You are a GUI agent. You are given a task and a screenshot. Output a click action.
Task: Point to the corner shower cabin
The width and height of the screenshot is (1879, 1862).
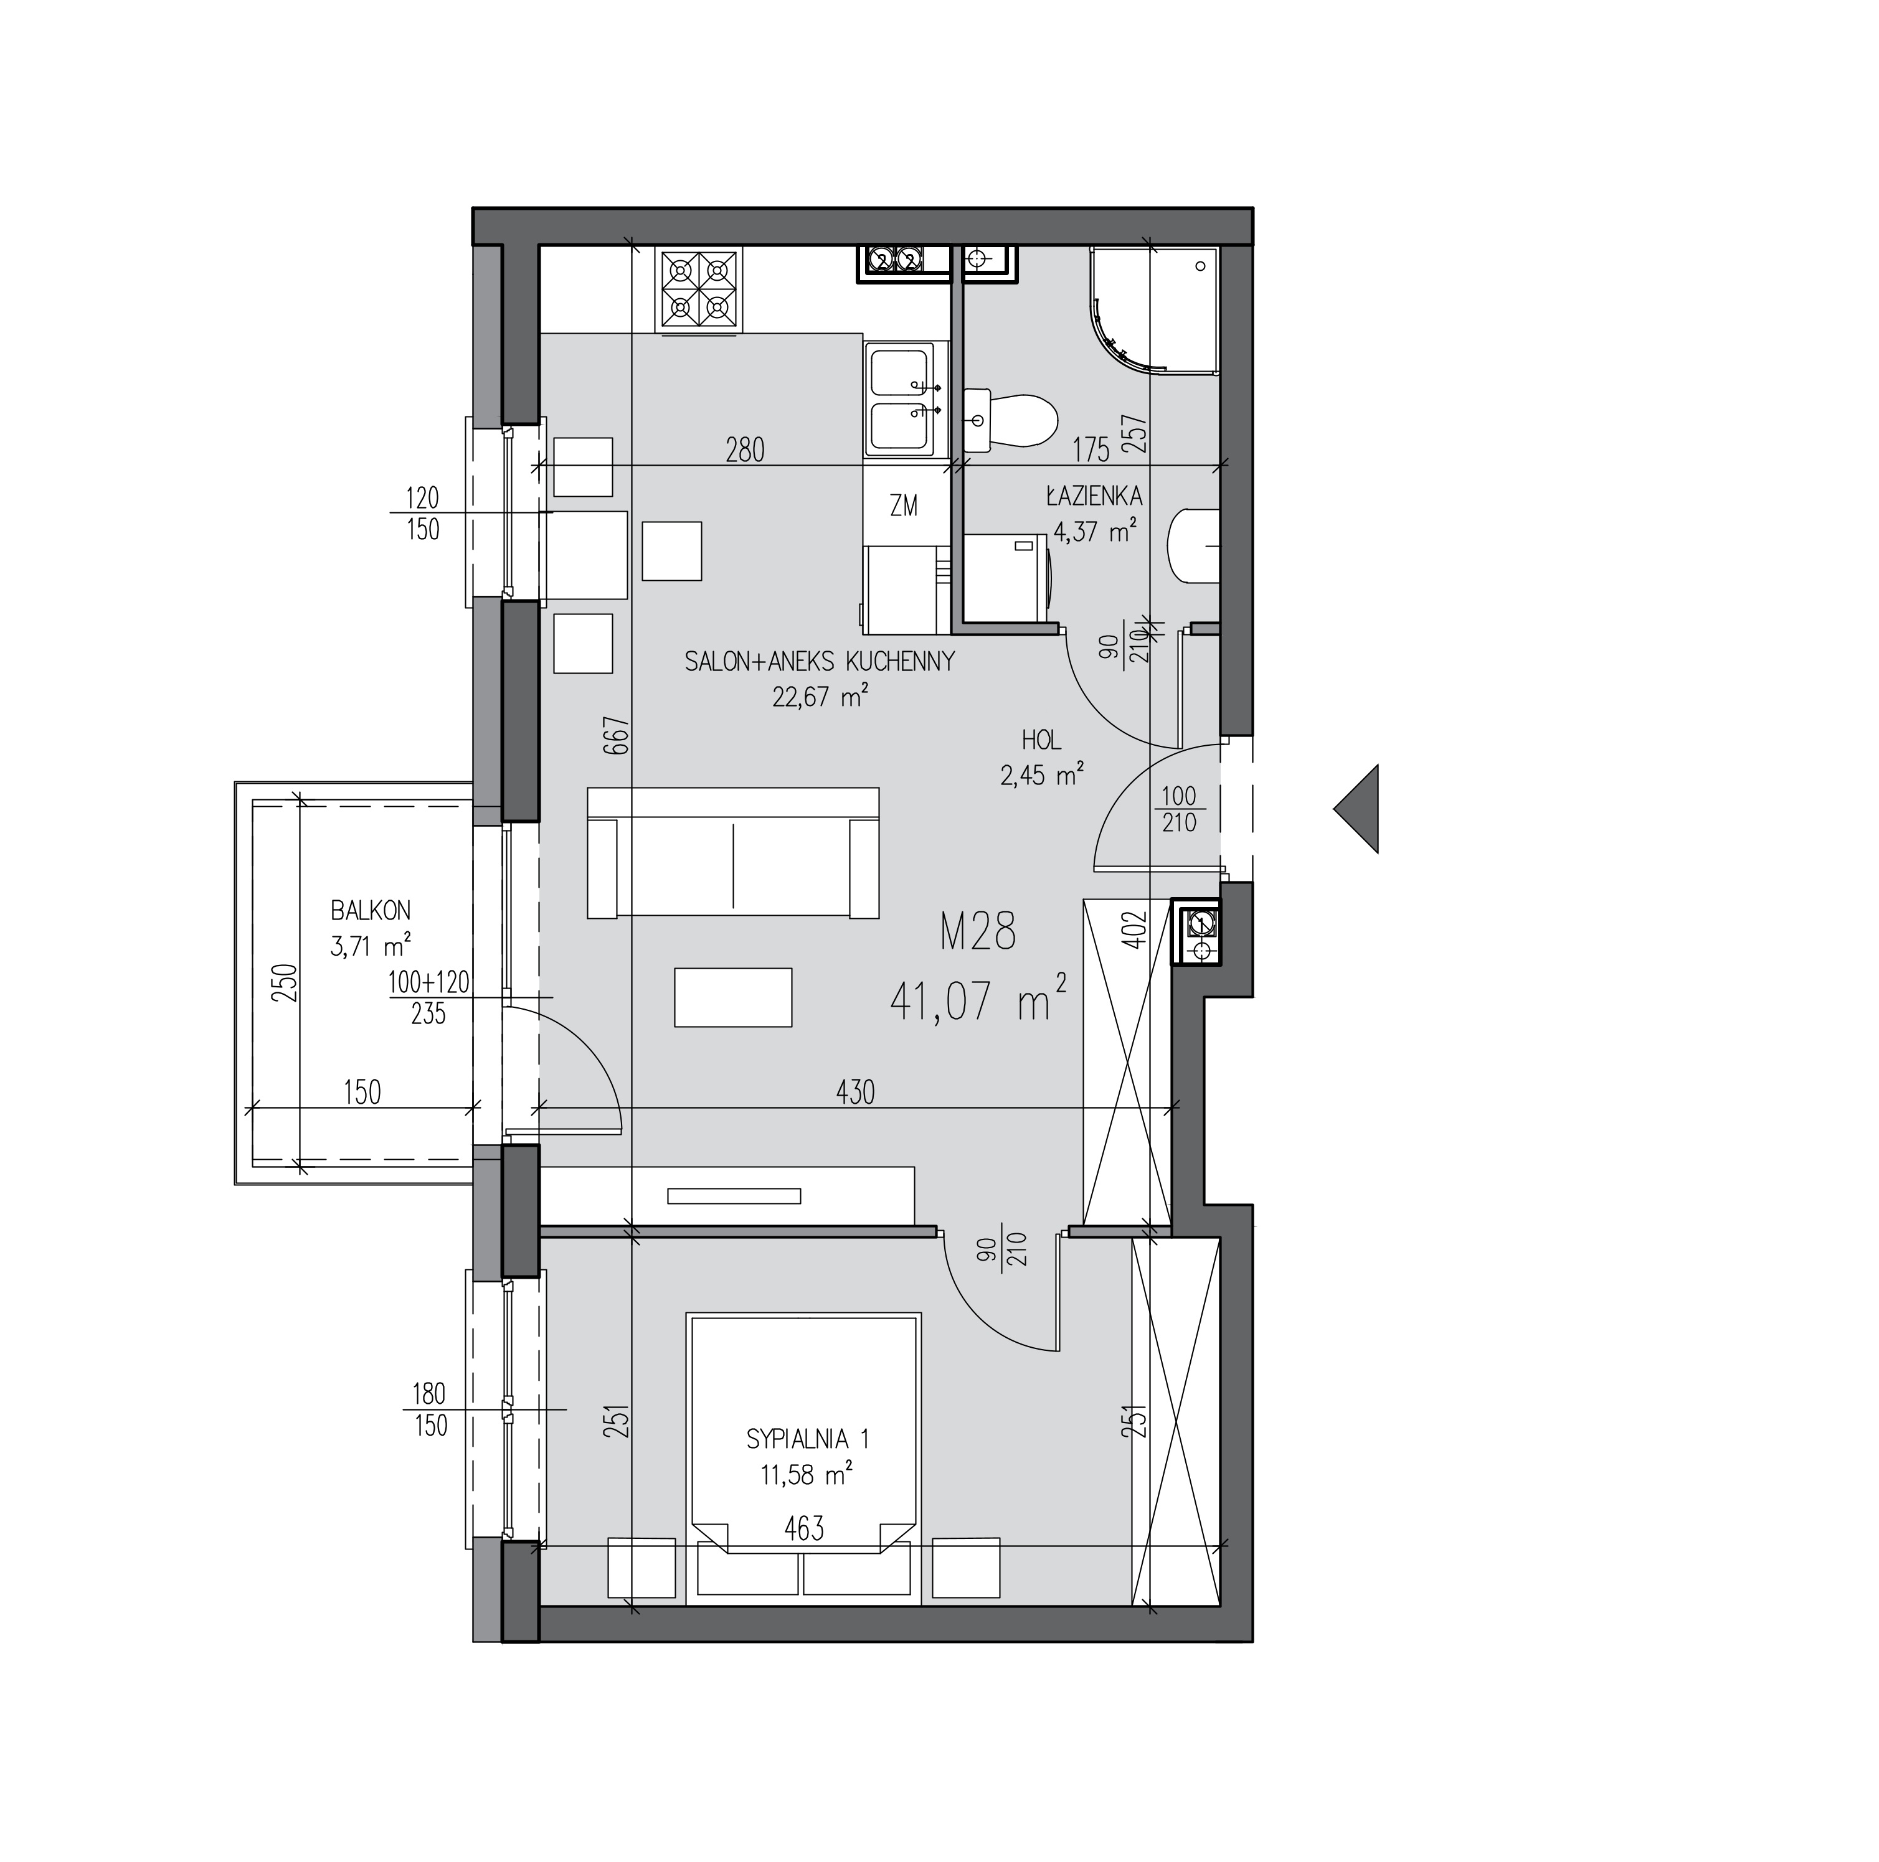[x=1155, y=309]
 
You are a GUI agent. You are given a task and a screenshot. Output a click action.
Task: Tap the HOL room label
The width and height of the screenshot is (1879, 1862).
[x=1041, y=741]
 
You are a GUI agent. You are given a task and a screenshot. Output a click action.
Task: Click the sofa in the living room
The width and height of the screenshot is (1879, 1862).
[x=733, y=853]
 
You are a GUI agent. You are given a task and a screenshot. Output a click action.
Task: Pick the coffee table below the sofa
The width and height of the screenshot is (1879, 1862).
[x=733, y=997]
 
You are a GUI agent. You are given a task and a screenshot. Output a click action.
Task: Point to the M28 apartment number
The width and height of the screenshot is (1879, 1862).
[x=978, y=931]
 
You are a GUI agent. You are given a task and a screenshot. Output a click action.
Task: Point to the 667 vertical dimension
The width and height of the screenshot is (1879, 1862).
[x=622, y=736]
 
